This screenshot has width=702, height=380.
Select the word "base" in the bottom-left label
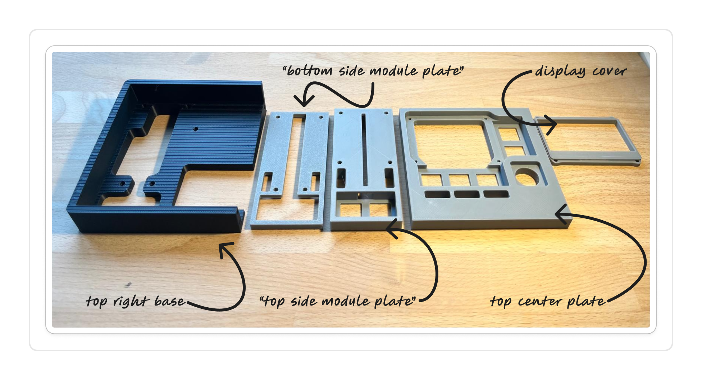pyautogui.click(x=169, y=301)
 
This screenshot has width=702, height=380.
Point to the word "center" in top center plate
pyautogui.click(x=540, y=301)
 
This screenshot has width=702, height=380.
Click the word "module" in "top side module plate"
pyautogui.click(x=345, y=301)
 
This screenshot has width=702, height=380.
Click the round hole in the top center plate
pyautogui.click(x=526, y=176)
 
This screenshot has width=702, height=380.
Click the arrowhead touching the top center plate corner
pyautogui.click(x=560, y=214)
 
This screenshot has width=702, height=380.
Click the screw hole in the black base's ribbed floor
pyautogui.click(x=196, y=128)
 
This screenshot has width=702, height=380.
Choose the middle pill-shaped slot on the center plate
pyautogui.click(x=467, y=194)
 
